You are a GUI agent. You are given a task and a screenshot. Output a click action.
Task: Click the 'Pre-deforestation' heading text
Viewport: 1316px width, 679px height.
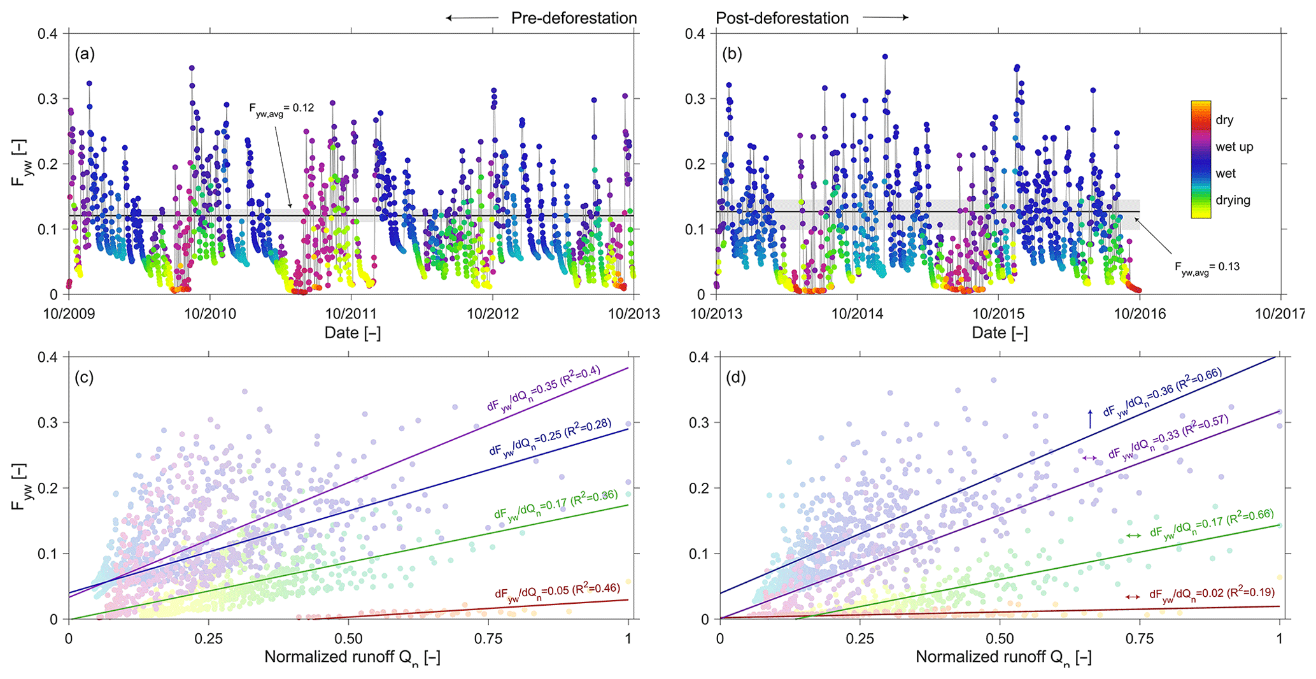pyautogui.click(x=574, y=18)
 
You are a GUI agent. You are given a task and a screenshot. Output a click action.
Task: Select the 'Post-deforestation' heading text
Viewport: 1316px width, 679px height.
pyautogui.click(x=782, y=18)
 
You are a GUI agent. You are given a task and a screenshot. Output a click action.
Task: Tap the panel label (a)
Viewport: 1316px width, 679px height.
pyautogui.click(x=85, y=54)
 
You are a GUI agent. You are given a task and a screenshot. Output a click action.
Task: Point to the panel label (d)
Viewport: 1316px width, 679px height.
pyautogui.click(x=736, y=378)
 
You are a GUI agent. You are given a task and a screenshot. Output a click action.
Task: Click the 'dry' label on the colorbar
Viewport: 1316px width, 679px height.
pyautogui.click(x=1224, y=120)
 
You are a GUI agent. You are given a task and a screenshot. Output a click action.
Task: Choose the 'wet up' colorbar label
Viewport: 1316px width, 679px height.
pyautogui.click(x=1234, y=147)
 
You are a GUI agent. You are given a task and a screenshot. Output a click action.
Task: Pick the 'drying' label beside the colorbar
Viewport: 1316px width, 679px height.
pyautogui.click(x=1233, y=200)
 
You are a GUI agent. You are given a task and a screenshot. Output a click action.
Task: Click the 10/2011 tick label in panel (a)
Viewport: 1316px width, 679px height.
pyautogui.click(x=351, y=313)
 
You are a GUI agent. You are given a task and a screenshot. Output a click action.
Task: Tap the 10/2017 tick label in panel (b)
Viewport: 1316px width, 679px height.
pyautogui.click(x=1280, y=313)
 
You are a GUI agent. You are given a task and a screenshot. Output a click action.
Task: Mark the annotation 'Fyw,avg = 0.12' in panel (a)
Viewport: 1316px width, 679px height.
pyautogui.click(x=281, y=108)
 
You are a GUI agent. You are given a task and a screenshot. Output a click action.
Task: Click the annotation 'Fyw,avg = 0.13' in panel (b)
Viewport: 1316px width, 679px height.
pyautogui.click(x=1207, y=266)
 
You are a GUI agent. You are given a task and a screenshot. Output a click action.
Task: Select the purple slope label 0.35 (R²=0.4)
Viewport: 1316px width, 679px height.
pyautogui.click(x=544, y=389)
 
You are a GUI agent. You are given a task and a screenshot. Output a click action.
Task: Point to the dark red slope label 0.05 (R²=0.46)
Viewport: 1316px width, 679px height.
pyautogui.click(x=557, y=591)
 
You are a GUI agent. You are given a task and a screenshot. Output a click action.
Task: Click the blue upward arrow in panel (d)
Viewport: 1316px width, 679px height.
pyautogui.click(x=1089, y=418)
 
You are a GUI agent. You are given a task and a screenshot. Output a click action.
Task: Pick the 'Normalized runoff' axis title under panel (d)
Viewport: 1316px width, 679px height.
pyautogui.click(x=1003, y=657)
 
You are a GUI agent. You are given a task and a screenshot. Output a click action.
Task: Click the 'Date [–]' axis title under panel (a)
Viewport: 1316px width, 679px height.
pyautogui.click(x=352, y=332)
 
